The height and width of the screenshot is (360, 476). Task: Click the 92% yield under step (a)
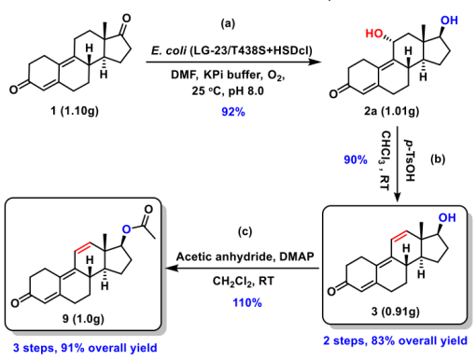233,111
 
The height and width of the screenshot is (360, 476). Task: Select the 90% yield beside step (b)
356,159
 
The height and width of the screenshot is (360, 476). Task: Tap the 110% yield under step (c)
247,302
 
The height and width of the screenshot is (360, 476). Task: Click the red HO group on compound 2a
373,34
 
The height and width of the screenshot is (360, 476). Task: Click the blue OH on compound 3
447,217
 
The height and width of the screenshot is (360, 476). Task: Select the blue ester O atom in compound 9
126,229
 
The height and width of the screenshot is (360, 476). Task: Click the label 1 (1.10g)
75,110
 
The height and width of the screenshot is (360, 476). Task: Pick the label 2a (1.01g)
391,111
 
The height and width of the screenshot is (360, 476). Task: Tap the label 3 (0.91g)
395,311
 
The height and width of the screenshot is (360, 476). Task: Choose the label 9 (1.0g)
83,318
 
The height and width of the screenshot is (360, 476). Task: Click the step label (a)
228,23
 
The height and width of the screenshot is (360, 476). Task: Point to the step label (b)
438,159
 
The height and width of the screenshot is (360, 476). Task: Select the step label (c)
245,231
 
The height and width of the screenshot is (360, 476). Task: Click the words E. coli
168,50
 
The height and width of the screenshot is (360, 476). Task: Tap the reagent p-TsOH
411,159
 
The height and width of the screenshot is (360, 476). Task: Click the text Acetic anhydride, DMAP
245,256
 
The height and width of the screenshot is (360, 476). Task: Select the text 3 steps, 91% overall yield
85,348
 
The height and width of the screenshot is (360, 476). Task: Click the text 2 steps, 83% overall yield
395,340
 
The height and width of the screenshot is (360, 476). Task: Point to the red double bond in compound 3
399,236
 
